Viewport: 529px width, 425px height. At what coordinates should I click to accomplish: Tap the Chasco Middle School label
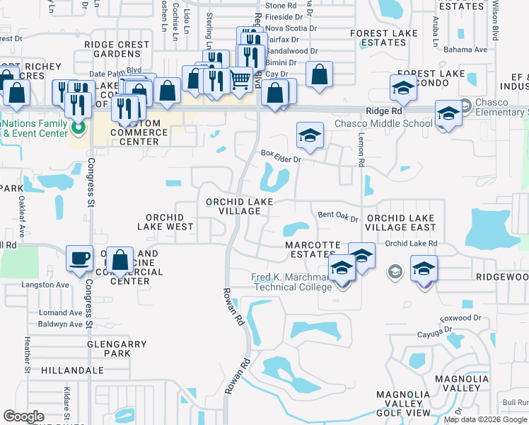(x=383, y=123)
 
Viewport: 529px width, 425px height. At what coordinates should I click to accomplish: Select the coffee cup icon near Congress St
(x=79, y=258)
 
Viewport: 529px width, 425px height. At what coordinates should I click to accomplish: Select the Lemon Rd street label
(x=361, y=152)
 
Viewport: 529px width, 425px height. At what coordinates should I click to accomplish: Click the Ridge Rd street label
(x=383, y=111)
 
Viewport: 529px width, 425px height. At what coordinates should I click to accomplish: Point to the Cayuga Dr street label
(x=434, y=334)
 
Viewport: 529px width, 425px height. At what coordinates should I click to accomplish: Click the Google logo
(x=23, y=416)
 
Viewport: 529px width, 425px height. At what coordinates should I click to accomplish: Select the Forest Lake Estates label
(x=378, y=37)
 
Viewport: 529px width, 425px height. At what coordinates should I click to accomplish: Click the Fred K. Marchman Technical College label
(x=292, y=282)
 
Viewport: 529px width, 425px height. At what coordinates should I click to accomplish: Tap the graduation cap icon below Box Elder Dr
(x=310, y=135)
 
